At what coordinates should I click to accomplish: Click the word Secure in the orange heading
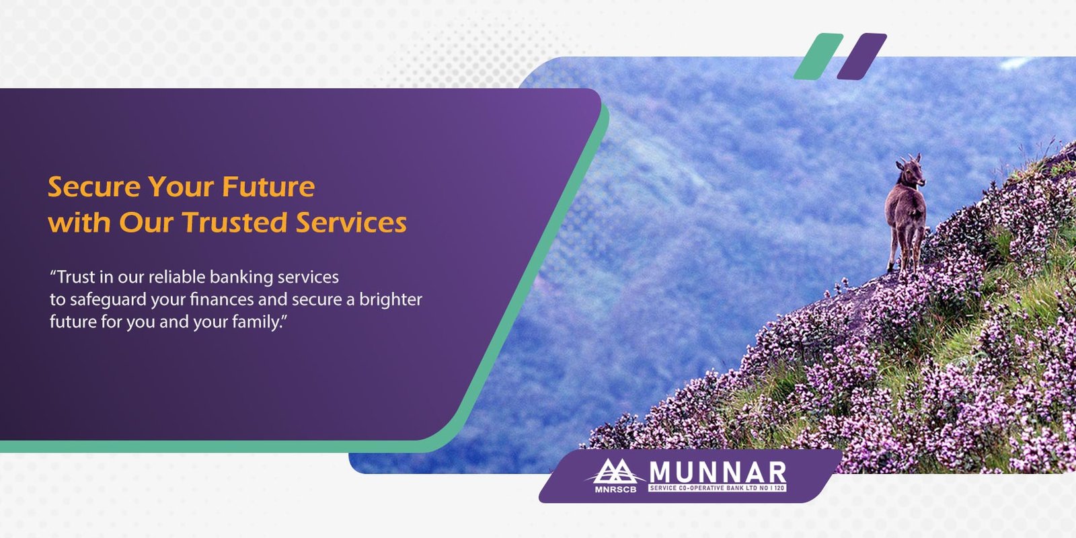point(95,187)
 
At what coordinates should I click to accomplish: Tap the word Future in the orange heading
point(268,187)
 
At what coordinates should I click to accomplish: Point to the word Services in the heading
point(351,223)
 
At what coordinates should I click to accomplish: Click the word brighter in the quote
point(391,300)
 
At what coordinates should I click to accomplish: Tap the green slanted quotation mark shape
point(818,56)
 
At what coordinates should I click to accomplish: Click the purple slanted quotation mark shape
point(861,56)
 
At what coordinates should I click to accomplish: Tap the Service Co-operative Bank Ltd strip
point(717,488)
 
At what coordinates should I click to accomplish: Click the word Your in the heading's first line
point(181,187)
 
